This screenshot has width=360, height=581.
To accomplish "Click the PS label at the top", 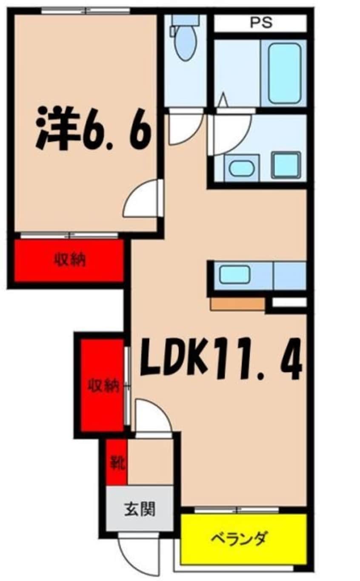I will pos(261,23).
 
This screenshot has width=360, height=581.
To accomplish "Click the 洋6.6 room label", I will pos(94,128).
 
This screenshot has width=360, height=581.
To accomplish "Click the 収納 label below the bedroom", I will pos(69,260).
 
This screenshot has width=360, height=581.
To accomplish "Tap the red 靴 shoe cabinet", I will pos(116,462).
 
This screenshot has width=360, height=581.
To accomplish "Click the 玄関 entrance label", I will pos(139,508).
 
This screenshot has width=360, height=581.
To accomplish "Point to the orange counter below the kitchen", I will pos(237,304).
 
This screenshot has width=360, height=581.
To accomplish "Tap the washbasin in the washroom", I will pos(241,168).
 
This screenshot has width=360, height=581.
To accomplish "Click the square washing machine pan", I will pos(286,165).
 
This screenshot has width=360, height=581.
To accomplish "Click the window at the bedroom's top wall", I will pos(86,10).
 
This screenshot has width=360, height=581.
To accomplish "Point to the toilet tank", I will pos(186,20).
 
